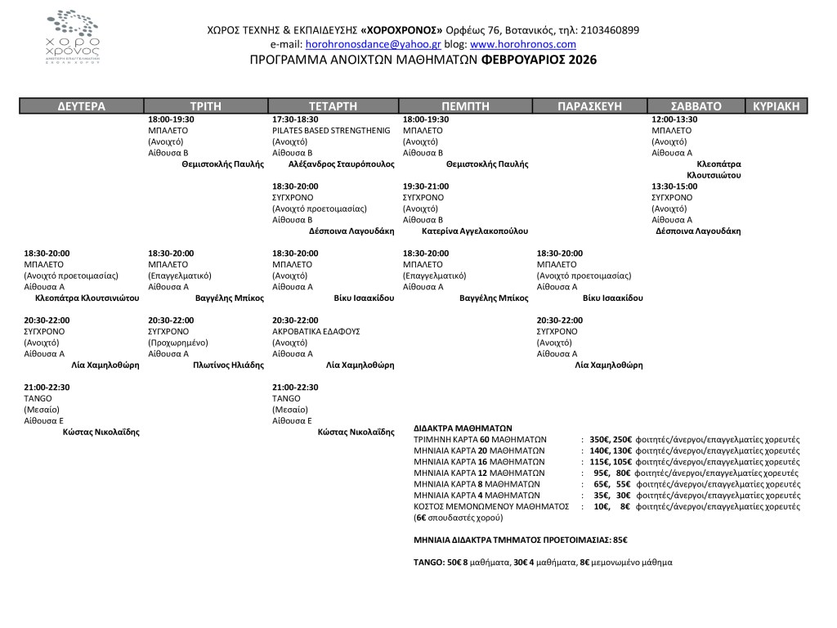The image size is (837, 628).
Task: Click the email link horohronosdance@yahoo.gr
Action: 373,44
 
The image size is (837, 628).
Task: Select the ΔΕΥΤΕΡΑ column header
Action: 82,105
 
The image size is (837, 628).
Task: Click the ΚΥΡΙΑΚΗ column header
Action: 777,105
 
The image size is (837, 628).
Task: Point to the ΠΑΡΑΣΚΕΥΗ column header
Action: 589,105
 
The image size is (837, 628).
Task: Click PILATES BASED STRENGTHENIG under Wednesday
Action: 331,130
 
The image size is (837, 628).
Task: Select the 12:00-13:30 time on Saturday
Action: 674,119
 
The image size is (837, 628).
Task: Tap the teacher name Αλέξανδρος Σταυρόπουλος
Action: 342,164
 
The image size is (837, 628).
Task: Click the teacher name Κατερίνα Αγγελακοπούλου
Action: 475,231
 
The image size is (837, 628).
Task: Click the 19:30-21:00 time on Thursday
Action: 426,186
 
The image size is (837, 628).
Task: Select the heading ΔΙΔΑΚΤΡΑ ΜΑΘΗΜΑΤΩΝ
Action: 463,428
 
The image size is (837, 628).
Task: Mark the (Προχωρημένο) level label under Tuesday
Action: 178,343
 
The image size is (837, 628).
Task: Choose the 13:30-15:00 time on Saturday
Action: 674,186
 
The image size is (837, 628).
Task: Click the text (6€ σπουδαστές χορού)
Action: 458,518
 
